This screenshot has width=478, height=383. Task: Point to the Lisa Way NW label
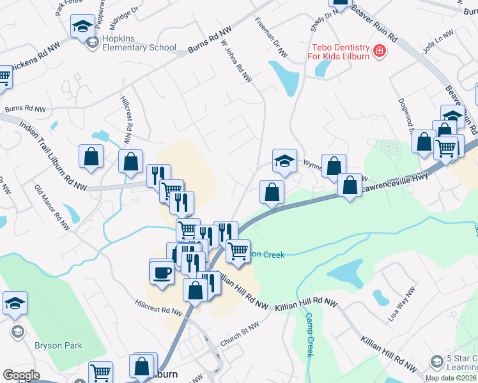[401, 304]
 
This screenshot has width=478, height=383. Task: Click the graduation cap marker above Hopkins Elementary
[82, 27]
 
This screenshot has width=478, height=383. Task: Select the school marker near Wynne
[284, 161]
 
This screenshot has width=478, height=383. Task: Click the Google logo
[21, 375]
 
